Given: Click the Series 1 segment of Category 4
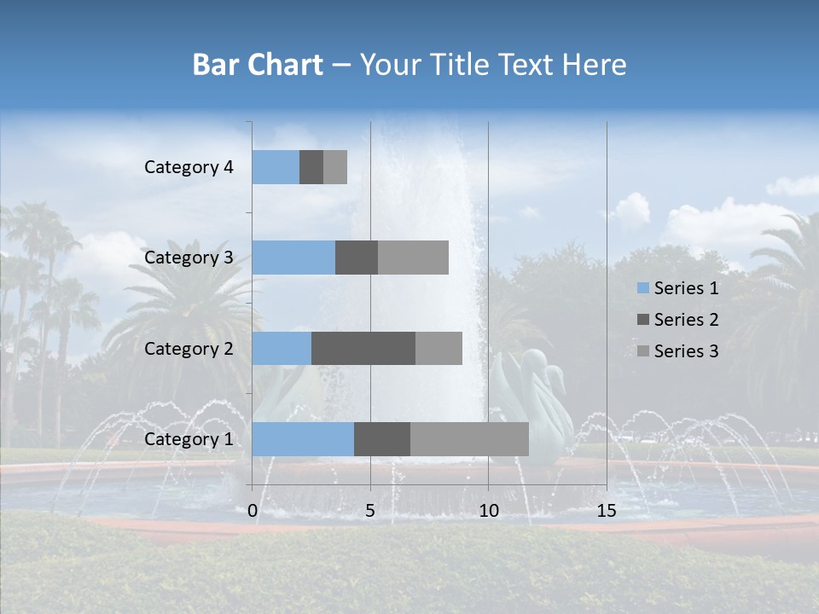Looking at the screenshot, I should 276,167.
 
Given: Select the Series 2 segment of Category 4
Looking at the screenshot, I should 311,167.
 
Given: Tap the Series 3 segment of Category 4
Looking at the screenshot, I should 335,167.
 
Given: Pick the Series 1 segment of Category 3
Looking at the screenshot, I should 293,258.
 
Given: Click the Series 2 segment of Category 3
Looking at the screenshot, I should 357,258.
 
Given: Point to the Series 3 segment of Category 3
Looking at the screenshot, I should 413,258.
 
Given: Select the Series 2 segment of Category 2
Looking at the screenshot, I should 363,348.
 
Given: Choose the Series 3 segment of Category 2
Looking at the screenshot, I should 439,348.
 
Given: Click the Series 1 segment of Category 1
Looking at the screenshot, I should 303,439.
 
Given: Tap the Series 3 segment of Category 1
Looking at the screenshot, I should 469,439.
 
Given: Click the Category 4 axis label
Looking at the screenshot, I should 189,167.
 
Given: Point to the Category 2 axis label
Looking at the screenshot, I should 189,348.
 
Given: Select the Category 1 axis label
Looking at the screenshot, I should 189,439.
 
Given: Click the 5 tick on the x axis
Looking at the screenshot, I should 370,511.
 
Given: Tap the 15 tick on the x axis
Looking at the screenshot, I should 606,511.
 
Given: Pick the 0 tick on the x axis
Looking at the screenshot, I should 253,511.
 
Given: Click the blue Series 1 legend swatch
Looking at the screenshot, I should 643,288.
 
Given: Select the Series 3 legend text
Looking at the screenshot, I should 686,351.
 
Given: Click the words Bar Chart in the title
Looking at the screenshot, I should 257,65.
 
